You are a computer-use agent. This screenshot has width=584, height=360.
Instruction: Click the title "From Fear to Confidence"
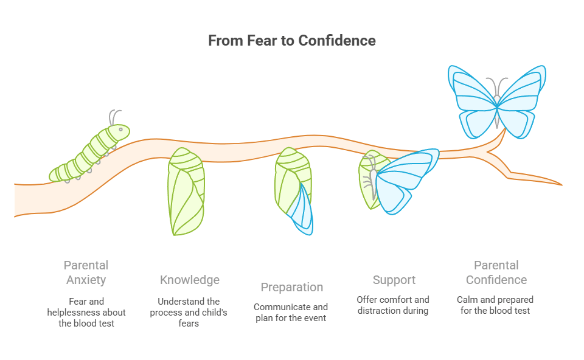tap(291, 41)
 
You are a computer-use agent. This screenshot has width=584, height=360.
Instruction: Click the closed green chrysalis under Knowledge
tap(186, 192)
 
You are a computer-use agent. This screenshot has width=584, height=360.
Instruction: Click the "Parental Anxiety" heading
tap(86, 272)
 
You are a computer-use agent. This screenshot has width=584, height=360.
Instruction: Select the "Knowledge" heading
tap(190, 280)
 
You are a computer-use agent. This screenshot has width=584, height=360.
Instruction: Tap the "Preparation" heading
tap(291, 287)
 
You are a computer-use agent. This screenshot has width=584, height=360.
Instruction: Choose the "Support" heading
tap(394, 280)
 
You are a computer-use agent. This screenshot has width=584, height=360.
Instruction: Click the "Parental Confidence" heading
tap(496, 272)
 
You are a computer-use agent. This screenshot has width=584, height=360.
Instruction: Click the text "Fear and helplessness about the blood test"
tap(86, 312)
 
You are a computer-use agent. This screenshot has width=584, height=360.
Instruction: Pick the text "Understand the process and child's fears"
tap(189, 312)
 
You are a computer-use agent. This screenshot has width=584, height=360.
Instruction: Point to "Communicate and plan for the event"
tap(291, 312)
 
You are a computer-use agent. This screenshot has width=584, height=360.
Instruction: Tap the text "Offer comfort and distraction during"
tap(393, 305)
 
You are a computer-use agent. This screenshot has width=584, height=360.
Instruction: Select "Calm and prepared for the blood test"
tap(496, 305)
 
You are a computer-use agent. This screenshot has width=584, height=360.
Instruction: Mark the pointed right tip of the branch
tap(560, 184)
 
